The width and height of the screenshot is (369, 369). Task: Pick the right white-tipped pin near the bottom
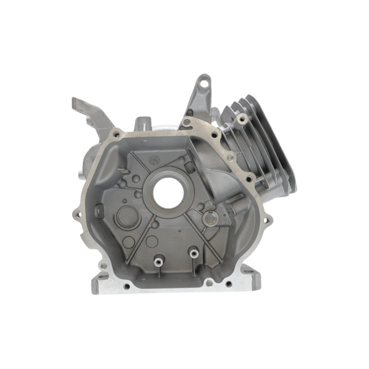tap(194, 252)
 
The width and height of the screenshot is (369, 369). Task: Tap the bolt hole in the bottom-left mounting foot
tap(126, 285)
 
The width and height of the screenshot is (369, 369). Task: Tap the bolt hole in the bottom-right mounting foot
tap(228, 284)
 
